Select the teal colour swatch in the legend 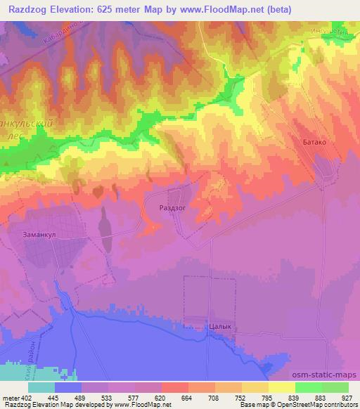(41, 387)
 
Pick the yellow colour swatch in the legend (281, 387)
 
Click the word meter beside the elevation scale (9, 398)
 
